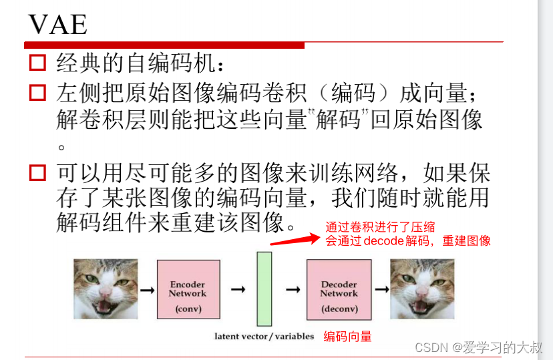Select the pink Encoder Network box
click(188, 289)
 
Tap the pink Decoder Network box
click(339, 289)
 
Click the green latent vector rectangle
click(264, 289)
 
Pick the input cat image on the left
click(106, 289)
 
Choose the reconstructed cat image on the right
click(422, 289)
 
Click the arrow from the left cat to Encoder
click(147, 290)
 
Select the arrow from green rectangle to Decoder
click(292, 290)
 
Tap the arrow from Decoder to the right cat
click(381, 290)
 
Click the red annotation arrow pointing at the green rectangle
click(293, 240)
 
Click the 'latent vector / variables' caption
click(264, 336)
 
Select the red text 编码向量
click(347, 337)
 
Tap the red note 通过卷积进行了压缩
click(380, 227)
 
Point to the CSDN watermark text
click(478, 347)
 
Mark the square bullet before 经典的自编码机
click(37, 63)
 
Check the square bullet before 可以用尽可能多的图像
click(37, 174)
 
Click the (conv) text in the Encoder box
click(188, 309)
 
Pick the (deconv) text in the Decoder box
click(339, 309)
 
